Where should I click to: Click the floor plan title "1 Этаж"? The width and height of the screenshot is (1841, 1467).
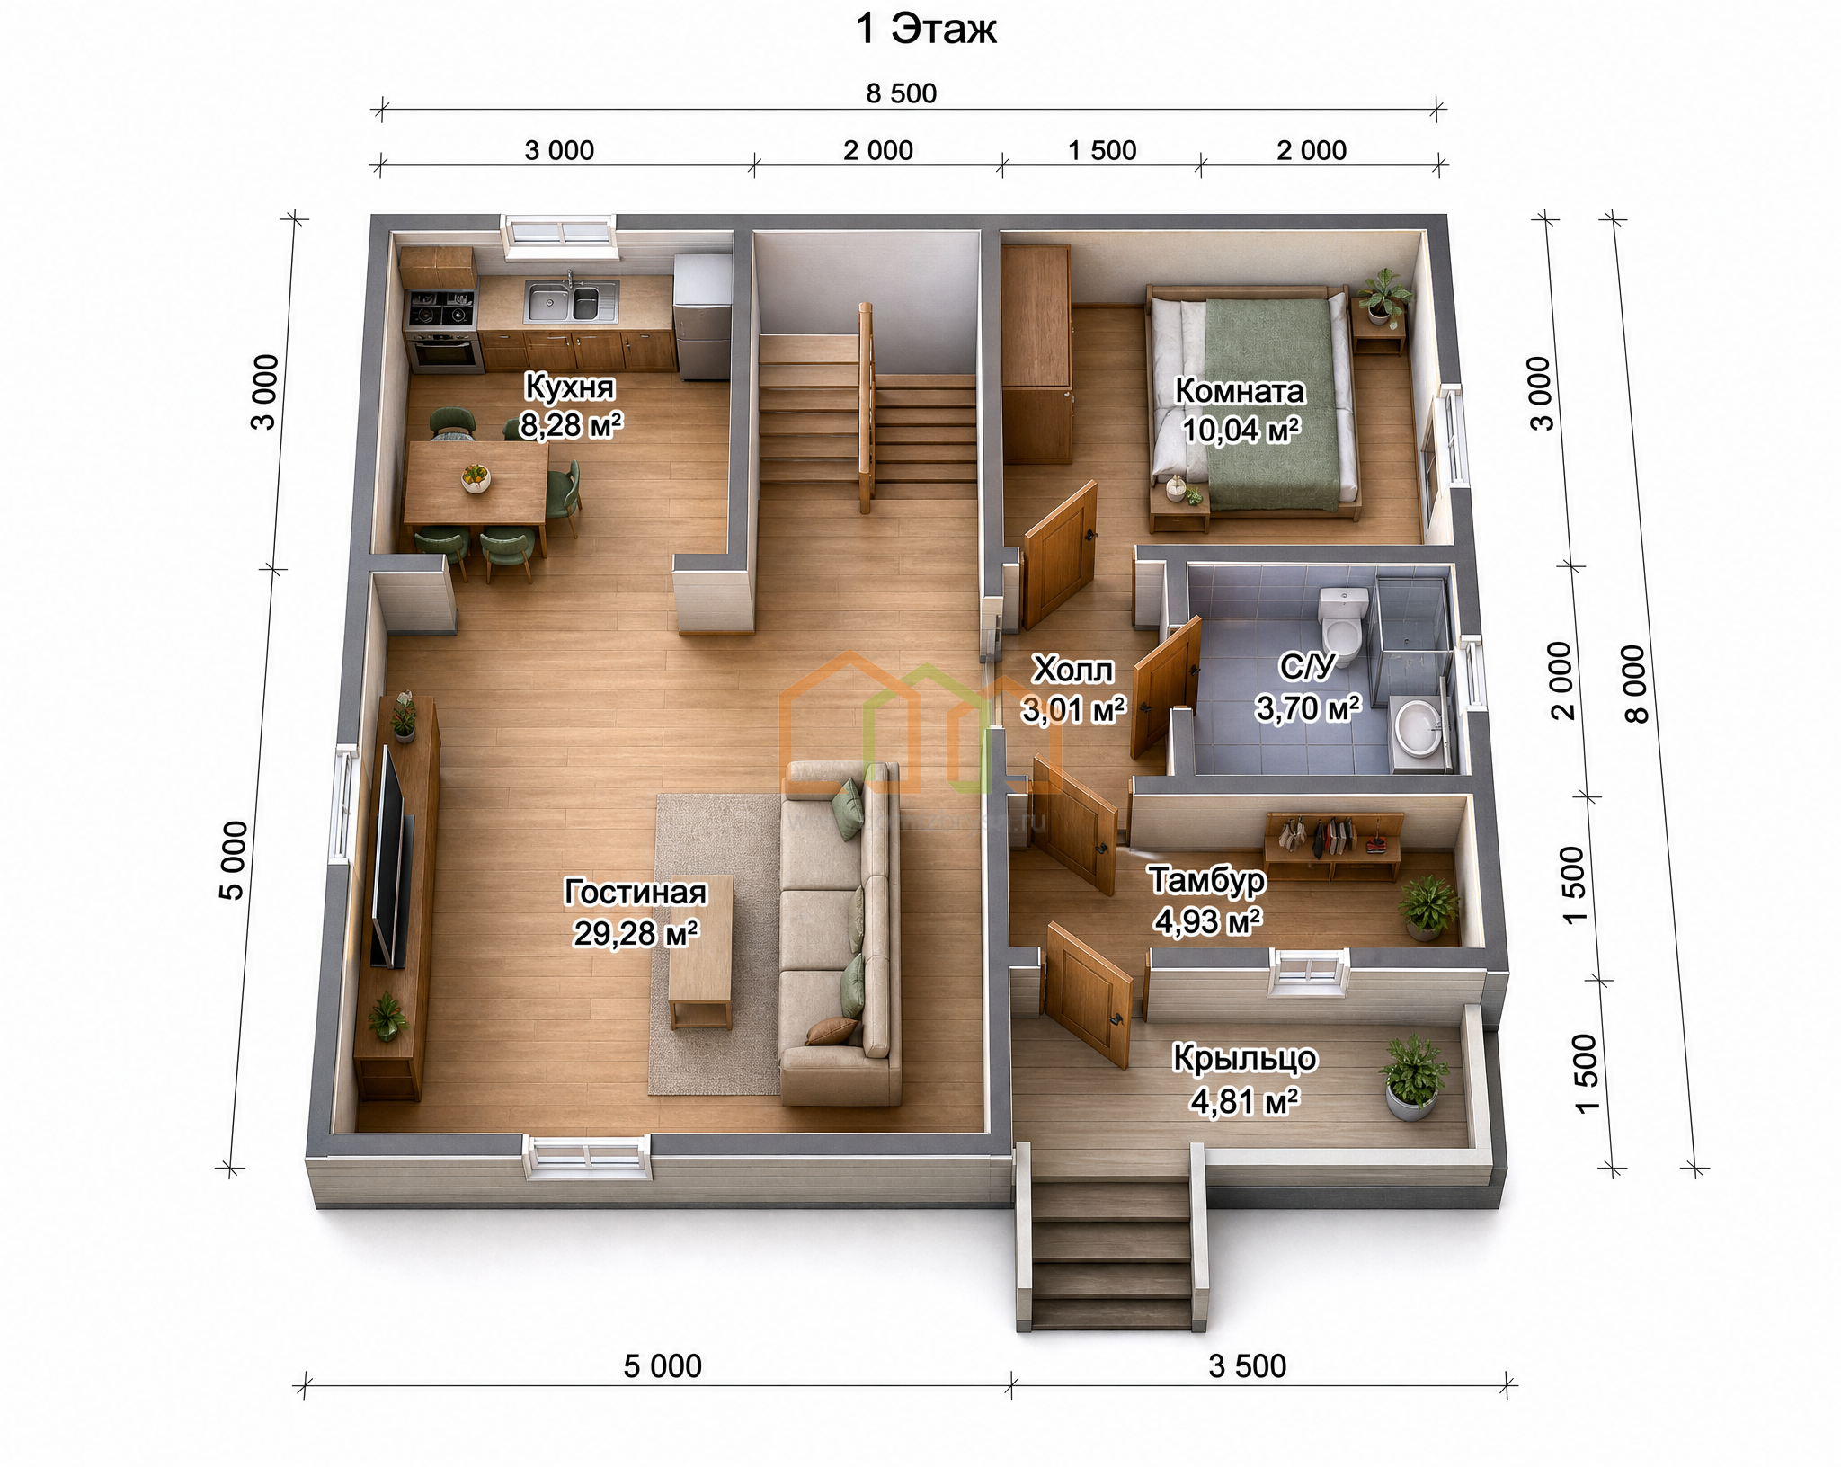pyautogui.click(x=926, y=30)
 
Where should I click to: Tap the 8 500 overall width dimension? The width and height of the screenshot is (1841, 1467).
pyautogui.click(x=902, y=93)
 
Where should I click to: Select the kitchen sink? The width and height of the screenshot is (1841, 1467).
pyautogui.click(x=571, y=302)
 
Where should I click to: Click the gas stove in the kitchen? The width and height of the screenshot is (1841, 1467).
pyautogui.click(x=440, y=308)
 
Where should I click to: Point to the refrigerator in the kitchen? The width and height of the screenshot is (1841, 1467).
pyautogui.click(x=703, y=316)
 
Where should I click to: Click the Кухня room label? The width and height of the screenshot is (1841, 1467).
pyautogui.click(x=569, y=387)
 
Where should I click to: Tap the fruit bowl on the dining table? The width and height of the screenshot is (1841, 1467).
pyautogui.click(x=476, y=477)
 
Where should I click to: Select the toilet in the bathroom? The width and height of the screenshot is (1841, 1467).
pyautogui.click(x=1342, y=621)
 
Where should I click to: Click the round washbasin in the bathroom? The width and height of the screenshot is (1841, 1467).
pyautogui.click(x=1418, y=726)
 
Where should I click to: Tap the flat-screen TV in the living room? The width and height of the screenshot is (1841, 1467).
pyautogui.click(x=391, y=856)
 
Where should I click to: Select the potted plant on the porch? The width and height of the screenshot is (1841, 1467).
pyautogui.click(x=1414, y=1078)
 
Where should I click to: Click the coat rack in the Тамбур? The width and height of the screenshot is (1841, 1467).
pyautogui.click(x=1334, y=846)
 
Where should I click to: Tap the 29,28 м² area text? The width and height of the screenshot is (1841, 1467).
pyautogui.click(x=636, y=934)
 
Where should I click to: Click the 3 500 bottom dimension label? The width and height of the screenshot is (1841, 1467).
pyautogui.click(x=1248, y=1366)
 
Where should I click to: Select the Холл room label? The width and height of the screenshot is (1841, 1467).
pyautogui.click(x=1072, y=670)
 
